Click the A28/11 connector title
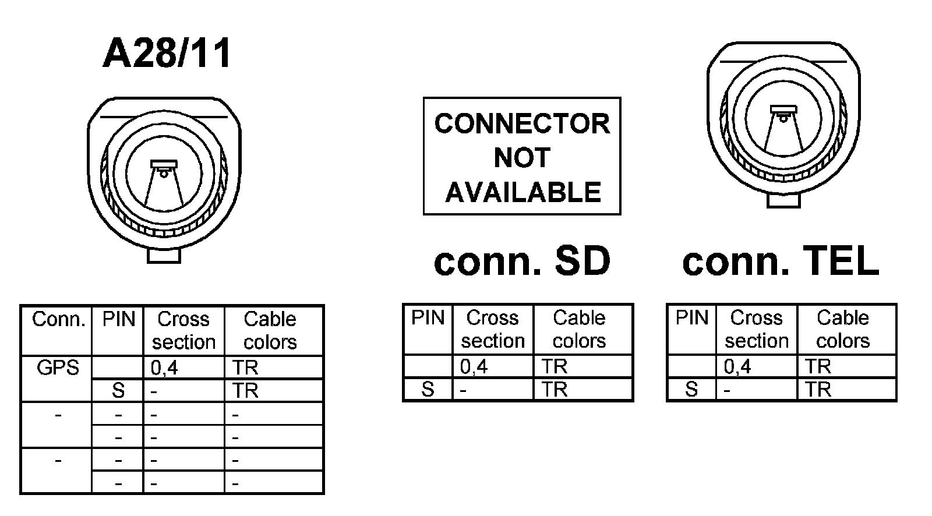click(167, 54)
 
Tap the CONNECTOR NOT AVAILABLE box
click(522, 156)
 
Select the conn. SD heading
click(522, 261)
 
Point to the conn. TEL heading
click(781, 261)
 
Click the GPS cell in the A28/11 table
click(57, 367)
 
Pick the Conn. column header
click(58, 319)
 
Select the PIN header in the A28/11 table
click(118, 319)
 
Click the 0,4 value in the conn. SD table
click(474, 366)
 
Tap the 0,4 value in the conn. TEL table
click(737, 366)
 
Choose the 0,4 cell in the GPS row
click(164, 367)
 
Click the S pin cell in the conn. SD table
click(428, 389)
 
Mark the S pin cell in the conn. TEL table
click(691, 389)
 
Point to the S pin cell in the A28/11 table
click(118, 390)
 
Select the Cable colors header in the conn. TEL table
click(843, 329)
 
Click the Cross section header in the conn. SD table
click(493, 329)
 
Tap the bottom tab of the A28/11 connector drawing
click(164, 255)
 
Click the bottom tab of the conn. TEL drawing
click(783, 200)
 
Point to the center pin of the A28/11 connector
click(164, 172)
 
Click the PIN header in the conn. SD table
click(428, 318)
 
